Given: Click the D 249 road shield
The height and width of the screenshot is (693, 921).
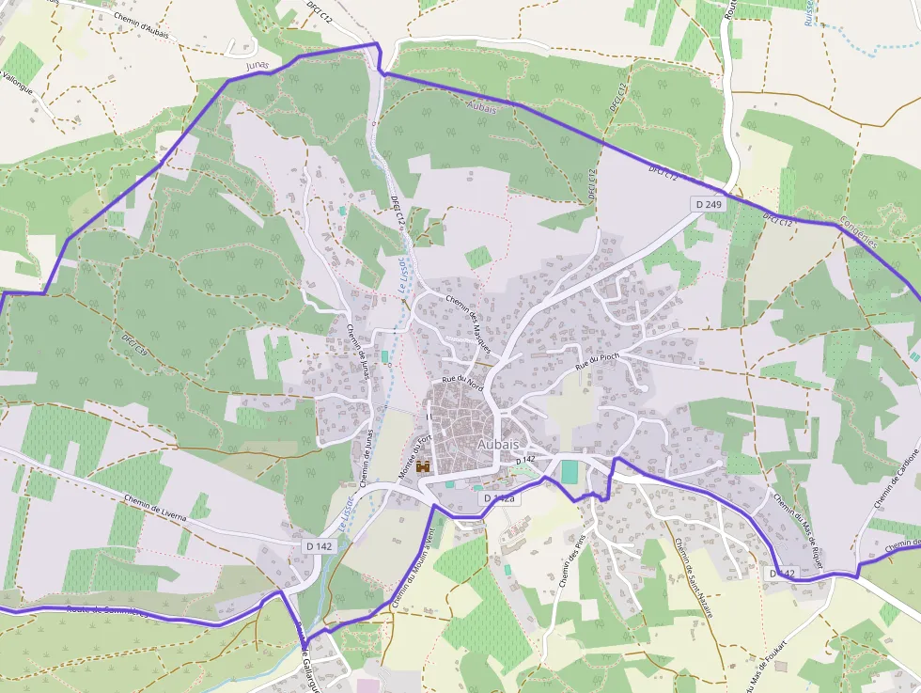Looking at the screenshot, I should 709,204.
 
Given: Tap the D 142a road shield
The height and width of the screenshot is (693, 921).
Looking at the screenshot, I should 500,497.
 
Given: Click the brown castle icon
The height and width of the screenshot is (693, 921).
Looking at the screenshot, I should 424,465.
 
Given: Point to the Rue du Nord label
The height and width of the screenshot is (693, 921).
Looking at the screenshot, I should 462,382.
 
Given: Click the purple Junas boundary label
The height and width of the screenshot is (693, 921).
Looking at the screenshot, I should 257,66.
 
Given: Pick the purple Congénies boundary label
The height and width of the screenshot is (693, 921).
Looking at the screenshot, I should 858,229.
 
